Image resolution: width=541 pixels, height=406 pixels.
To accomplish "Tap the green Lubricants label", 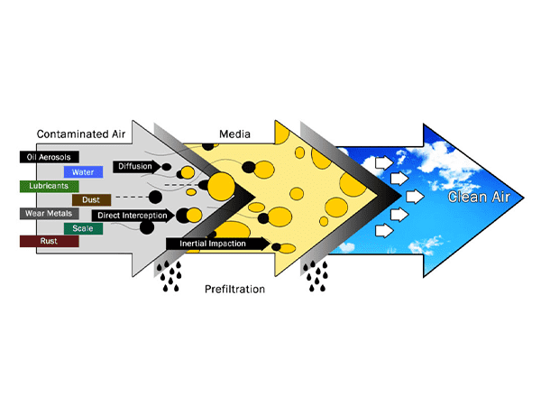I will pos(42,186).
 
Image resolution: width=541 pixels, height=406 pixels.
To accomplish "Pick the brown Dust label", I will pos(91,199).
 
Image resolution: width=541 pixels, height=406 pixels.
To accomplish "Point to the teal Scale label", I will pos(83,228).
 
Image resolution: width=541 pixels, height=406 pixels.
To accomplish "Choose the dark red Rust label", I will pos(40,242).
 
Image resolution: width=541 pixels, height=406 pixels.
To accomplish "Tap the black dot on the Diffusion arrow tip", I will pos(167,167).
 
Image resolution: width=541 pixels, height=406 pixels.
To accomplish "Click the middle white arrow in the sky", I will pos(415,196).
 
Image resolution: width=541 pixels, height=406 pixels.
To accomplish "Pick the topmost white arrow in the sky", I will pos(383,163).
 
